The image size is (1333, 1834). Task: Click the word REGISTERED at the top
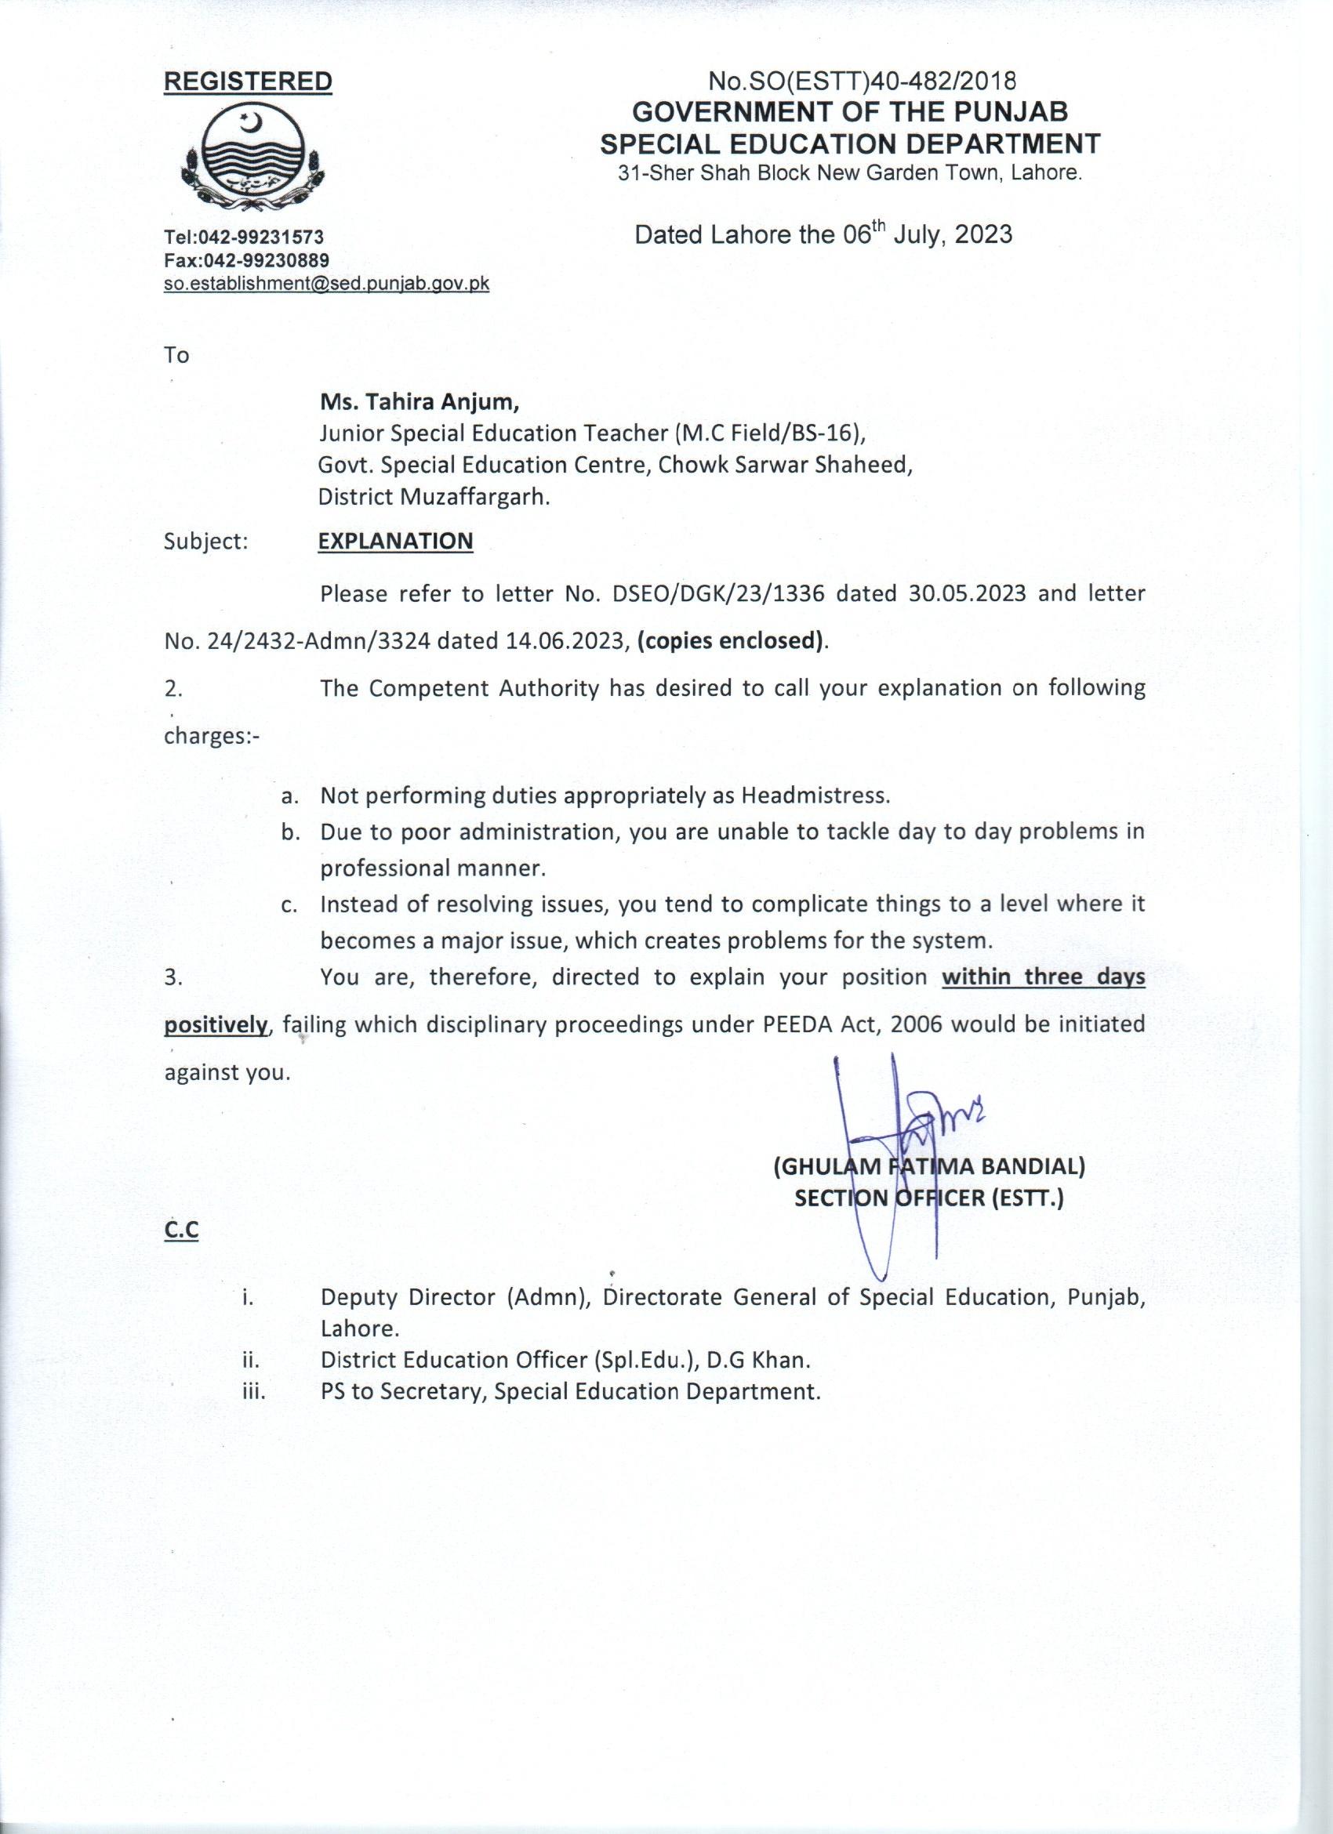click(249, 82)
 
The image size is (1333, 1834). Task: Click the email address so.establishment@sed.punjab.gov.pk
click(326, 283)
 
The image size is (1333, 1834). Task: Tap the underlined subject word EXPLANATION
click(395, 541)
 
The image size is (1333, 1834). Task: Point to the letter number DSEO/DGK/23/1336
click(718, 594)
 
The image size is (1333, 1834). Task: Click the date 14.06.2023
click(566, 641)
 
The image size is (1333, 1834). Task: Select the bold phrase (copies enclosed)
click(733, 641)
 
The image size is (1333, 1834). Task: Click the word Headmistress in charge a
click(814, 796)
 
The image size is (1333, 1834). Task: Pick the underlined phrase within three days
click(1044, 977)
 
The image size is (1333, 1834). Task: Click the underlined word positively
click(216, 1025)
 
